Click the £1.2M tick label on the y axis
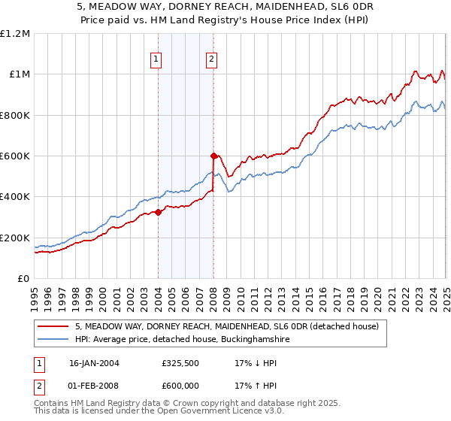[x=15, y=33]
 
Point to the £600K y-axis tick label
[x=15, y=156]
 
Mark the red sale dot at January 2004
[x=159, y=212]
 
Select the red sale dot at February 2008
[x=214, y=156]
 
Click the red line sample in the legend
[x=53, y=327]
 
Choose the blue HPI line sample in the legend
[x=53, y=340]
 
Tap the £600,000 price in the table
[x=180, y=385]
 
